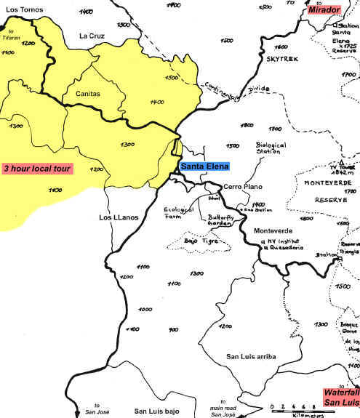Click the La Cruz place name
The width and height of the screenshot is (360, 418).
(92, 36)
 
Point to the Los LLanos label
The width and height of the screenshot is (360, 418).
(117, 217)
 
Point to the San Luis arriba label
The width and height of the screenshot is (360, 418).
(251, 355)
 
